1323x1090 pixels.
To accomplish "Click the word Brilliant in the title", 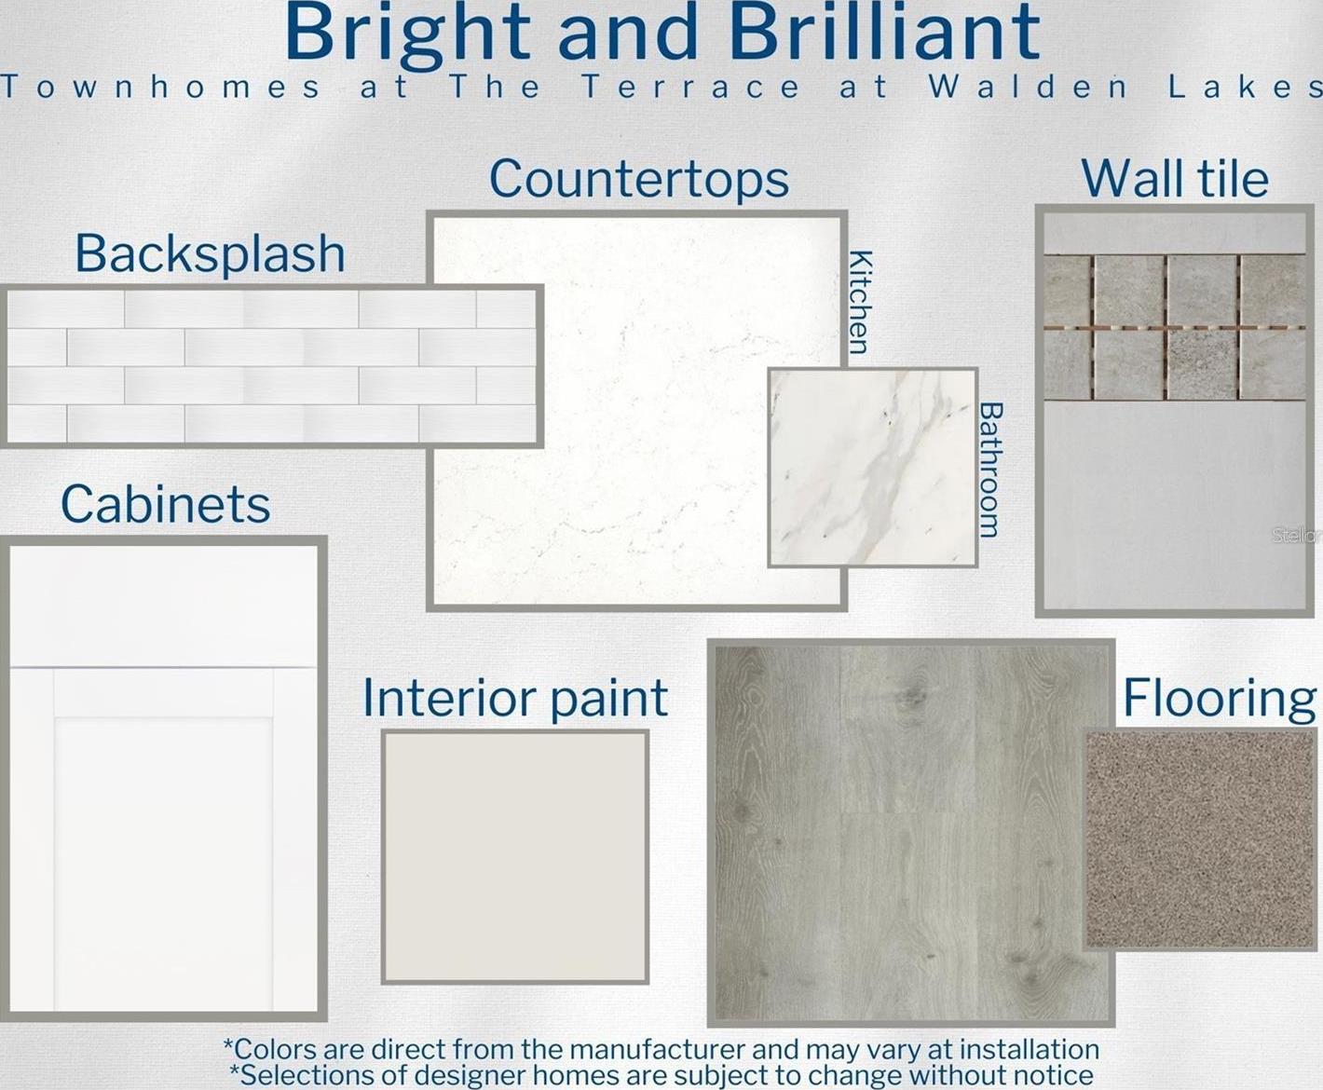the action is [885, 32].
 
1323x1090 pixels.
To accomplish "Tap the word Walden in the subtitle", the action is [1029, 87].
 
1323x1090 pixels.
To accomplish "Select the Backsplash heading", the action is [210, 253].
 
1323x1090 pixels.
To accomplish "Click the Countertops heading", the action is [639, 180].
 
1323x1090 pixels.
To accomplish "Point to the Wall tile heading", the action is [1175, 179].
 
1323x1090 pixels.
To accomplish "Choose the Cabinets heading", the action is [166, 504].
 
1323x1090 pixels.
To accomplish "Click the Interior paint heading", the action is [515, 699].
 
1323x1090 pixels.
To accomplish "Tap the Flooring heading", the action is [1219, 700].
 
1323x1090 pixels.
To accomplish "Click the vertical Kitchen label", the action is [861, 302].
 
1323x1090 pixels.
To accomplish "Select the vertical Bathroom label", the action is [989, 470].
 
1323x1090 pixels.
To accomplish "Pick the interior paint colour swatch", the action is [514, 856].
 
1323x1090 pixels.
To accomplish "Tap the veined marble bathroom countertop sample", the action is [872, 467].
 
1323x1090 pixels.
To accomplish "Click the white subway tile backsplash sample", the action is [271, 366].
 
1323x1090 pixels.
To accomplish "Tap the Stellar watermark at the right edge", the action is [1298, 536].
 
